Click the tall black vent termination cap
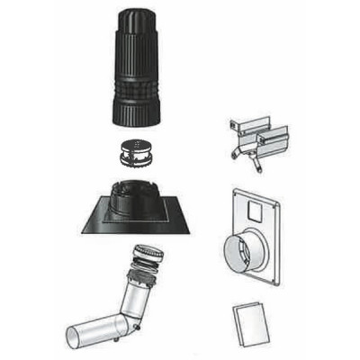click(x=138, y=72)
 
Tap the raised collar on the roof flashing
click(x=137, y=192)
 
